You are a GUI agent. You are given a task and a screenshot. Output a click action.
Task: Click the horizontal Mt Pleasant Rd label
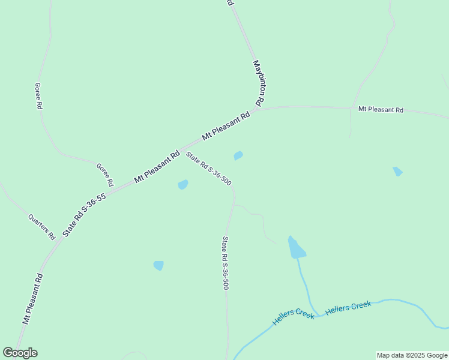(x=381, y=110)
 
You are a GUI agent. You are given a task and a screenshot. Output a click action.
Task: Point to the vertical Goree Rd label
(x=38, y=96)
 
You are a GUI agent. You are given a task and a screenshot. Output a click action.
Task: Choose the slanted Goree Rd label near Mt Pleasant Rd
(x=105, y=174)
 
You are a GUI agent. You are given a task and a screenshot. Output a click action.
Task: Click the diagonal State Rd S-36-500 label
(x=208, y=168)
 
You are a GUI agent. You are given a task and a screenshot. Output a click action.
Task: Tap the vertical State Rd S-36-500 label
(x=225, y=263)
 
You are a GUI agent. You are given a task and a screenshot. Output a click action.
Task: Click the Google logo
(x=20, y=353)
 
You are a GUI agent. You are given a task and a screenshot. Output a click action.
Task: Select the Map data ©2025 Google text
(x=412, y=355)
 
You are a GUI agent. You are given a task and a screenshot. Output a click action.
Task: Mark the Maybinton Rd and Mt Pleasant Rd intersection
(x=257, y=109)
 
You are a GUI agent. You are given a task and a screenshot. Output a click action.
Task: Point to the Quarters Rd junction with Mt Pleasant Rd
(x=57, y=241)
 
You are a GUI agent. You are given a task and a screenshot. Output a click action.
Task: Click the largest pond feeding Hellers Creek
(x=296, y=248)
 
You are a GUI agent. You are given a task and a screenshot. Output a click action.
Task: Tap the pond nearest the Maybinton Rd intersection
(x=238, y=156)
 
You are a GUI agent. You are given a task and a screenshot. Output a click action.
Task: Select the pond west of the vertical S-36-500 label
(x=158, y=265)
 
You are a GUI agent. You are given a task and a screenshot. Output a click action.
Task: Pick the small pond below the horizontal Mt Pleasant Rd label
(x=397, y=172)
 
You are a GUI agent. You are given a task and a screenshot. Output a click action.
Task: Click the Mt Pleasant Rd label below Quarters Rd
(x=33, y=299)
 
